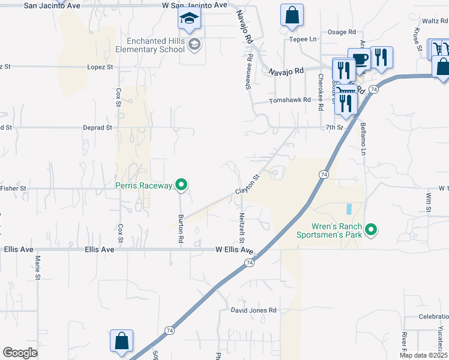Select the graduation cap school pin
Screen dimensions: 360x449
pos(189,20)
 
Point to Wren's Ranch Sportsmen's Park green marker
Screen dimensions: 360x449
pos(371,230)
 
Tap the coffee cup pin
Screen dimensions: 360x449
pos(359,60)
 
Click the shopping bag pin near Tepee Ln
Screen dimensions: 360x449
pos(292,16)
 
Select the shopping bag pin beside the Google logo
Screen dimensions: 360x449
pos(121,340)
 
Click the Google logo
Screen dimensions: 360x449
pos(20,353)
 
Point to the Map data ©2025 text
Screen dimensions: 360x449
pos(423,355)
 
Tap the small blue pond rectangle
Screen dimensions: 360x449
pos(348,210)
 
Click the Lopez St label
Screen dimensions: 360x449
pos(100,67)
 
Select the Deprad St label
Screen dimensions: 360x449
pos(97,128)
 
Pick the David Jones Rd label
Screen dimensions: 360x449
pos(254,310)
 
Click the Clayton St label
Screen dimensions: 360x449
pos(249,184)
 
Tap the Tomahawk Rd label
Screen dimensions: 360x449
pos(291,100)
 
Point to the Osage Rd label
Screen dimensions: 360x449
pos(342,32)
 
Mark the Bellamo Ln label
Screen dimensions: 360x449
pos(363,139)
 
